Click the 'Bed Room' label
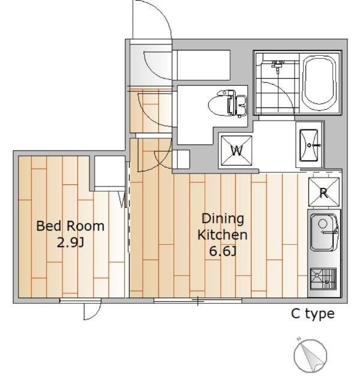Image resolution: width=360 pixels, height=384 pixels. pyautogui.click(x=70, y=226)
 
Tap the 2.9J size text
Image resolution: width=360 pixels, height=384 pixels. pyautogui.click(x=71, y=242)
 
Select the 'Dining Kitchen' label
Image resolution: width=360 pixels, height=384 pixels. pyautogui.click(x=223, y=227)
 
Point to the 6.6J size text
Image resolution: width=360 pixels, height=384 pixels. pyautogui.click(x=223, y=251)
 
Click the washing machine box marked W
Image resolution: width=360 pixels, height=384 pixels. pyautogui.click(x=236, y=151)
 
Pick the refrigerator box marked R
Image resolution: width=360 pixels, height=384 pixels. pyautogui.click(x=324, y=192)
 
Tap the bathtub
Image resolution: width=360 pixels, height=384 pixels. pyautogui.click(x=319, y=83)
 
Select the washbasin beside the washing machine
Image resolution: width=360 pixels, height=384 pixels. pyautogui.click(x=309, y=145)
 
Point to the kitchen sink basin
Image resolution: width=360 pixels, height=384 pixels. pyautogui.click(x=323, y=232)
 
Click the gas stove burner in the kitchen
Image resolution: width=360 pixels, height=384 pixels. pyautogui.click(x=323, y=278)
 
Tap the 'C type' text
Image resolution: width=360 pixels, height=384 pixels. pyautogui.click(x=313, y=314)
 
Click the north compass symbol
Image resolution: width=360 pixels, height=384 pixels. pyautogui.click(x=310, y=356)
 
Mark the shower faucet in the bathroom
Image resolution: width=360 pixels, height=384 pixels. pyautogui.click(x=277, y=65)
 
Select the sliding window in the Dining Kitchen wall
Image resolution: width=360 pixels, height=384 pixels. pyautogui.click(x=198, y=301)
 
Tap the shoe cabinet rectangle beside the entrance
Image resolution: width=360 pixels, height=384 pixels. pyautogui.click(x=203, y=65)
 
